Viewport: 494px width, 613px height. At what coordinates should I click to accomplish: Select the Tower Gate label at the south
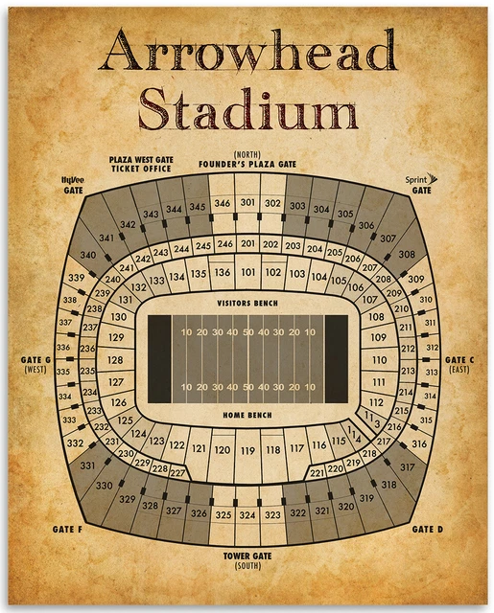(247, 558)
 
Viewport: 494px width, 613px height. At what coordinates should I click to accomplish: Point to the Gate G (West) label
(35, 365)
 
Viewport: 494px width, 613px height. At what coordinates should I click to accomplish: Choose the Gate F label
(65, 529)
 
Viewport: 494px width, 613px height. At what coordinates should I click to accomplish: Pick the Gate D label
(427, 529)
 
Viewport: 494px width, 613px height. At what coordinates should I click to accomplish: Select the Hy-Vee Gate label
(73, 184)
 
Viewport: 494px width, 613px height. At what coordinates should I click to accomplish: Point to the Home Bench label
(247, 415)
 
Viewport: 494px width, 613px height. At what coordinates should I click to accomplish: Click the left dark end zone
(159, 359)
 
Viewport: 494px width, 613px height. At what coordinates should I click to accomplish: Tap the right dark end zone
(337, 359)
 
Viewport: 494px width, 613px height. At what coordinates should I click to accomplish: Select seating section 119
(247, 448)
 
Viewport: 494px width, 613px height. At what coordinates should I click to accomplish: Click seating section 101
(248, 272)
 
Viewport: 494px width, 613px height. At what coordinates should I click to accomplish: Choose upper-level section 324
(247, 515)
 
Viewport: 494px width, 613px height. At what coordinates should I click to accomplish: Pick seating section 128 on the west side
(116, 360)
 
